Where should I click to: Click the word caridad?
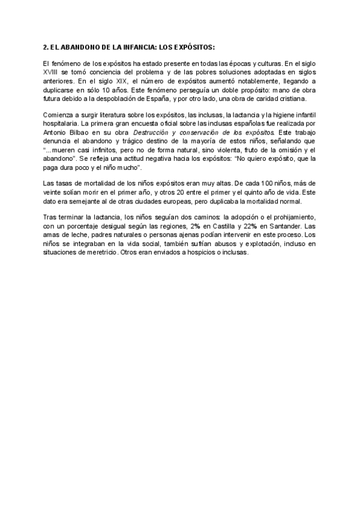[250, 98]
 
